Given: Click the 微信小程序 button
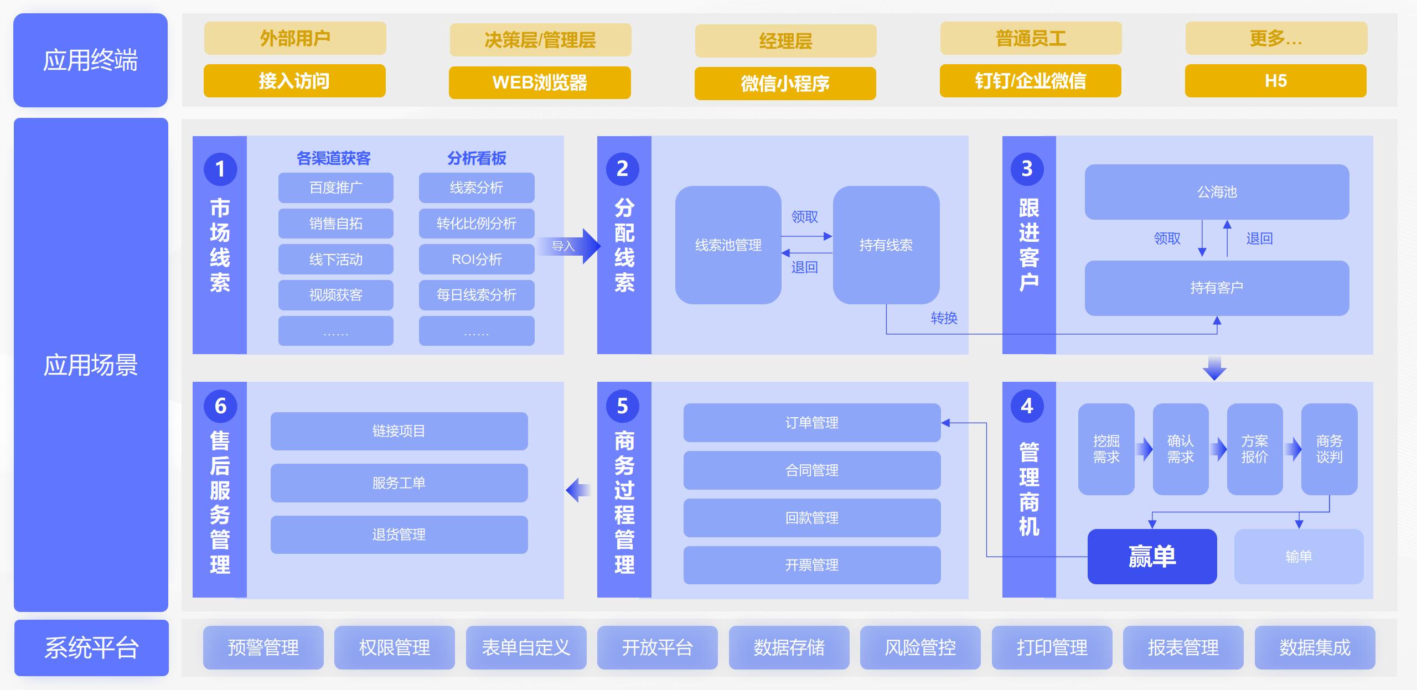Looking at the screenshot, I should [x=785, y=84].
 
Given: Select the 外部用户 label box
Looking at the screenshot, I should [x=295, y=38].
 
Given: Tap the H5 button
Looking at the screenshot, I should [x=1275, y=81].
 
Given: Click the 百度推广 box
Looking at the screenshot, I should [x=335, y=188].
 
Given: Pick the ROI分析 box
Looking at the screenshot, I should [x=476, y=259].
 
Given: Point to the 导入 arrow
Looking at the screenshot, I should [x=570, y=246].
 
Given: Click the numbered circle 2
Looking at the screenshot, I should [x=622, y=169].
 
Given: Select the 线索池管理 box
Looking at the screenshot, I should [x=728, y=245].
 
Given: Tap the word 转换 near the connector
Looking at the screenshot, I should [x=944, y=318].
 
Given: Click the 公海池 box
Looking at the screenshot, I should [x=1216, y=192].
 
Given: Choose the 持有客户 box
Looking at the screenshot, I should [x=1216, y=288].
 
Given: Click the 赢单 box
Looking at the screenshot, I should [x=1151, y=556].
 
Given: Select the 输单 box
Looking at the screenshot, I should [x=1298, y=556].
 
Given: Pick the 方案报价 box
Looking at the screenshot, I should [x=1254, y=449].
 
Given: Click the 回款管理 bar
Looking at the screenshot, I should [x=811, y=518].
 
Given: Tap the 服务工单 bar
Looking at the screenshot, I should [x=399, y=483].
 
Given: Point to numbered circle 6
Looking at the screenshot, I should [x=220, y=406].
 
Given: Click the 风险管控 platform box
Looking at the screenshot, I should [x=920, y=647].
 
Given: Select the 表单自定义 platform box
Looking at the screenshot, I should [x=526, y=647].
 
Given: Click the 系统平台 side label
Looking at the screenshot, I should [x=91, y=647].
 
